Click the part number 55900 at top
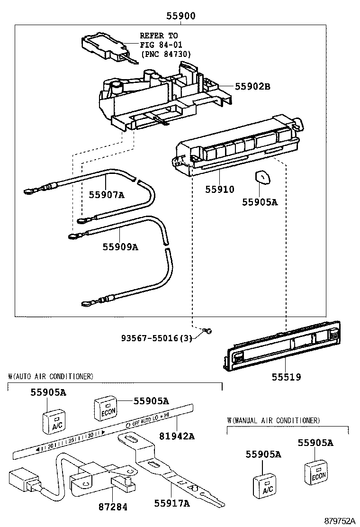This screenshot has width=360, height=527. click(x=180, y=16)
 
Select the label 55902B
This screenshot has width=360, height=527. click(x=252, y=87)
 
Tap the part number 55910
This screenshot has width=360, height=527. click(x=219, y=190)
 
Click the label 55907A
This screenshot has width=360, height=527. click(x=107, y=194)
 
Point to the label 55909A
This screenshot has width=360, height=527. click(x=121, y=247)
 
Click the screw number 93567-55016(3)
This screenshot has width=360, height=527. click(x=156, y=339)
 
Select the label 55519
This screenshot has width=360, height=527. click(x=286, y=377)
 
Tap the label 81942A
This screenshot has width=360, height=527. click(x=177, y=436)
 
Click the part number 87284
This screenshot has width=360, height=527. click(x=113, y=507)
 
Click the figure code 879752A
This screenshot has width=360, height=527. click(x=339, y=521)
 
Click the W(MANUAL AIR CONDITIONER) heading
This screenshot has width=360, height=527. click(x=273, y=420)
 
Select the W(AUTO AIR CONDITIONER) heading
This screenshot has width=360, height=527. click(x=51, y=376)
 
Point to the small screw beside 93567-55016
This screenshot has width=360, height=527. click(x=207, y=331)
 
